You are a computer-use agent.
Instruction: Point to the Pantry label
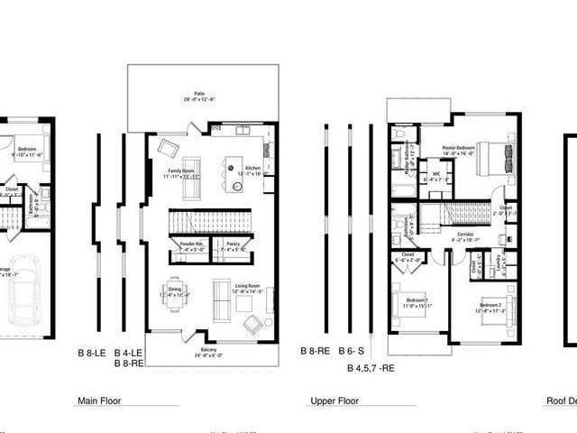[x=233, y=244]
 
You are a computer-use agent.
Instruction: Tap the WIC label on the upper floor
[x=436, y=177]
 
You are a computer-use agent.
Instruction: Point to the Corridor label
[x=465, y=236]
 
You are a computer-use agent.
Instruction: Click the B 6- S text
[x=351, y=351]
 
